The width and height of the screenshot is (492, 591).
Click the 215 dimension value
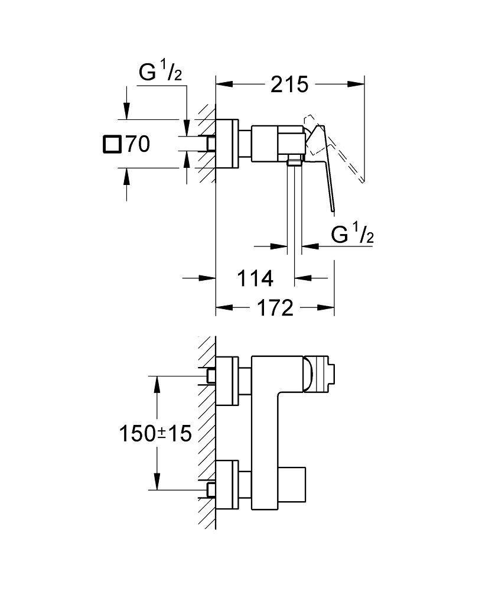click(289, 85)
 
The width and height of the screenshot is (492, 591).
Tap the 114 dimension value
click(255, 278)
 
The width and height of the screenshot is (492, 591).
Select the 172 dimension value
click(275, 308)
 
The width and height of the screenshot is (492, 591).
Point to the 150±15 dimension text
click(155, 433)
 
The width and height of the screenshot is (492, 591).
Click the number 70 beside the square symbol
click(138, 144)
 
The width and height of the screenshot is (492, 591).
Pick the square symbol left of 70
click(112, 144)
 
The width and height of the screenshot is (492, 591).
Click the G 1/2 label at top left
click(161, 72)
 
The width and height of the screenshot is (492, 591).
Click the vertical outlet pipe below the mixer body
click(294, 206)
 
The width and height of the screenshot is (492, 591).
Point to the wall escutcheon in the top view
click(227, 144)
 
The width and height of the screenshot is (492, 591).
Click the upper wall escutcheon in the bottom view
click(227, 381)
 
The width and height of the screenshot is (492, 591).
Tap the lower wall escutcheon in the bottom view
click(227, 485)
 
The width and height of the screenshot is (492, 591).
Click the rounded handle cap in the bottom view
click(308, 375)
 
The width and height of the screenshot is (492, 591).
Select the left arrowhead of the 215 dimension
click(224, 85)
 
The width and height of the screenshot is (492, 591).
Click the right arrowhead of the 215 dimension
click(356, 85)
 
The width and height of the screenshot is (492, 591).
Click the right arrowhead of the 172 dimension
click(326, 308)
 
